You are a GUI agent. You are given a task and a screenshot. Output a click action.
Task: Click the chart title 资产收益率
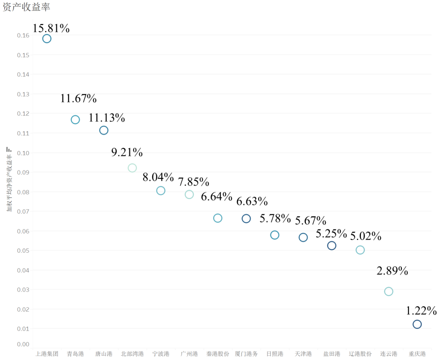[x=26, y=7]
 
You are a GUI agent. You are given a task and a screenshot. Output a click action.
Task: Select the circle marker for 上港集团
[x=47, y=38]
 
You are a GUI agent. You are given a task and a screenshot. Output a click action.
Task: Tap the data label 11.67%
[x=78, y=98]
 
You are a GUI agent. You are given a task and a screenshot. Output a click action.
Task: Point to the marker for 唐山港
[x=104, y=130]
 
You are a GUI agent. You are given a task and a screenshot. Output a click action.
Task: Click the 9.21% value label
[x=127, y=152]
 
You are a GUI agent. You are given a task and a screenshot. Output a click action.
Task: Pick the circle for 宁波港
[x=161, y=190]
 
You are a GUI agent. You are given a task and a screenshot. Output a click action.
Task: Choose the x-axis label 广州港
[x=189, y=354]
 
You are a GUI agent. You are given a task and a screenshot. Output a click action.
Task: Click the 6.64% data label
[x=216, y=197]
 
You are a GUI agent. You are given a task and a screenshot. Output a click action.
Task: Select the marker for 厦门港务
[x=246, y=218]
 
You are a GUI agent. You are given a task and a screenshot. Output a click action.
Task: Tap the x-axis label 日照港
[x=275, y=354]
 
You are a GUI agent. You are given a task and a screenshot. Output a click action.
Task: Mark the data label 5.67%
[x=310, y=221]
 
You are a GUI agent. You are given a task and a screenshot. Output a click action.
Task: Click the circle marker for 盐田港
[x=332, y=245]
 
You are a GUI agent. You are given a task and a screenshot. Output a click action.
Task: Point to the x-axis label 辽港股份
[x=360, y=354]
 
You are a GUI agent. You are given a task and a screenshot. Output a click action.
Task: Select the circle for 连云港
[x=389, y=291]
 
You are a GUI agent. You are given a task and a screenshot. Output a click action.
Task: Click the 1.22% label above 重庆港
[x=421, y=310]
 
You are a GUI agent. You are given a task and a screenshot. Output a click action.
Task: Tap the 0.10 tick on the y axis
[x=23, y=153]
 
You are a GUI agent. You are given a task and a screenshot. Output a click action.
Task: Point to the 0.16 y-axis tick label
[x=23, y=36]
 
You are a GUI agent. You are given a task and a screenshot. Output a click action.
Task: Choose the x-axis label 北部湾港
[x=132, y=354]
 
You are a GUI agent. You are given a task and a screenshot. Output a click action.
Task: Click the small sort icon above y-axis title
[x=9, y=149]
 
